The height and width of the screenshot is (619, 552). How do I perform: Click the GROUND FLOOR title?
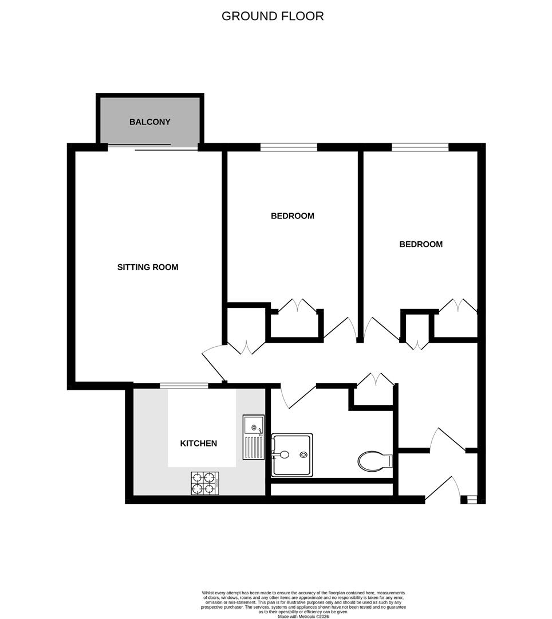[x=273, y=16]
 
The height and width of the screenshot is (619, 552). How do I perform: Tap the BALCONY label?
[x=150, y=122]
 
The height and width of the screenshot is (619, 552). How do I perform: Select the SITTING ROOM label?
[x=148, y=267]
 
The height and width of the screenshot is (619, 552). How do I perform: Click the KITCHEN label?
[x=199, y=443]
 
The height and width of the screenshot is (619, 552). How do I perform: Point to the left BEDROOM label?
[x=293, y=216]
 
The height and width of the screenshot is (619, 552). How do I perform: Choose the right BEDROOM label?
[x=421, y=244]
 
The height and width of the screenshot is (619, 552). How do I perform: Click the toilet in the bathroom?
[x=375, y=460]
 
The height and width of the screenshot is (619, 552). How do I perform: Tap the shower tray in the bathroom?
[x=292, y=455]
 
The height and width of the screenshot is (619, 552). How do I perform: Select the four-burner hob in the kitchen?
[x=206, y=483]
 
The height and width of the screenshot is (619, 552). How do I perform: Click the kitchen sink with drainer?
[x=253, y=437]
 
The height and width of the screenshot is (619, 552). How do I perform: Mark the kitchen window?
[x=184, y=386]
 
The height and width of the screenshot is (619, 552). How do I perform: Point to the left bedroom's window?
[x=289, y=147]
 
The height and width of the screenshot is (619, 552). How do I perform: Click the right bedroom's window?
[x=420, y=147]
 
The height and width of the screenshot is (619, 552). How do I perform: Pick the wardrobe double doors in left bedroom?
[x=297, y=306]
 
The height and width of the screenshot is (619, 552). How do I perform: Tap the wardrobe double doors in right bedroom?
[x=458, y=306]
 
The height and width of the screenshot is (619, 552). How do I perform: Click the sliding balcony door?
[x=153, y=147]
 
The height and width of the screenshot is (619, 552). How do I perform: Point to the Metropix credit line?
[x=303, y=616]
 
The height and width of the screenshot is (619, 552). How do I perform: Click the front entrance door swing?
[x=442, y=489]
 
